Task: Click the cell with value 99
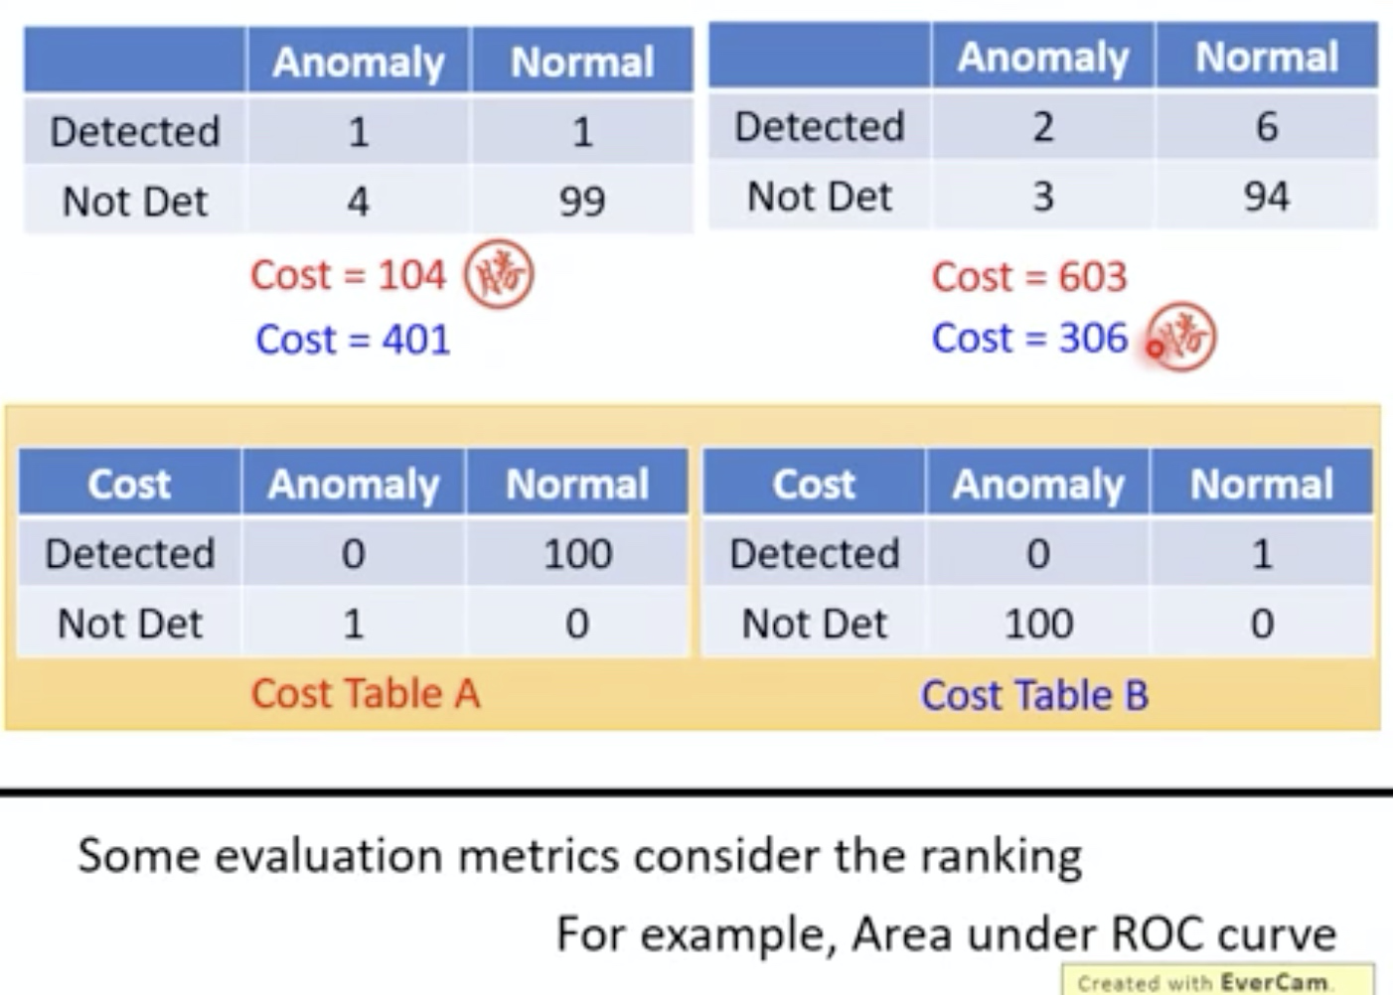(x=581, y=202)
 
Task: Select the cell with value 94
(x=1266, y=197)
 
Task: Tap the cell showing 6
(x=1266, y=127)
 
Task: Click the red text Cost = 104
(x=348, y=275)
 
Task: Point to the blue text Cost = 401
(x=353, y=340)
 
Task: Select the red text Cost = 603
(x=1029, y=277)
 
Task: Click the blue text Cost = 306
(x=1029, y=339)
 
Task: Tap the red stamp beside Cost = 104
(x=499, y=274)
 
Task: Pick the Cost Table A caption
(x=365, y=693)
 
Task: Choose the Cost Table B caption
(x=1034, y=695)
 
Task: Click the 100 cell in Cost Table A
(x=577, y=554)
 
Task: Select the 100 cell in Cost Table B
(x=1038, y=624)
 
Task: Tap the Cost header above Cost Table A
(x=129, y=485)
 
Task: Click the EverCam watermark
(x=1217, y=981)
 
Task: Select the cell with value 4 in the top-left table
(x=358, y=202)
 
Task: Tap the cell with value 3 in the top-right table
(x=1042, y=197)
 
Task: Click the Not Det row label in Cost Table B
(x=815, y=624)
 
